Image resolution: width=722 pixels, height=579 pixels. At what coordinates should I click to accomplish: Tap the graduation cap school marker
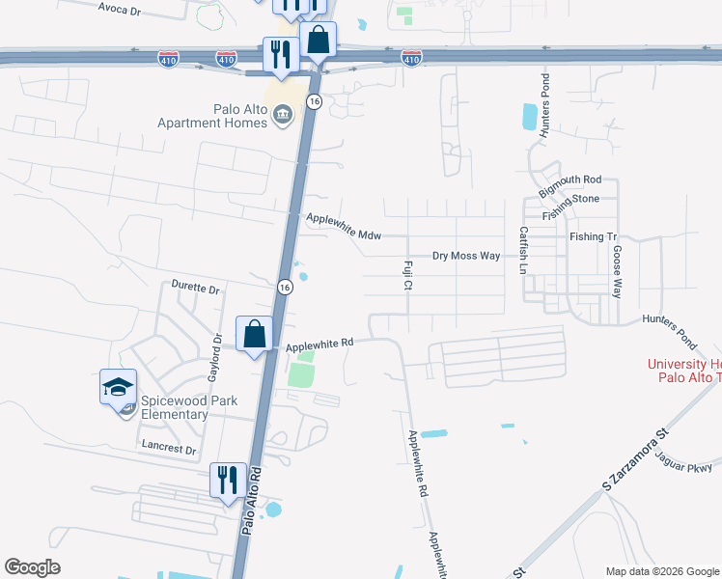(x=119, y=389)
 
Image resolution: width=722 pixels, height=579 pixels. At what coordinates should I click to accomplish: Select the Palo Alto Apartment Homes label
(x=213, y=115)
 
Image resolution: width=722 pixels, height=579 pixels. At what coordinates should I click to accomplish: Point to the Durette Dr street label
(x=196, y=288)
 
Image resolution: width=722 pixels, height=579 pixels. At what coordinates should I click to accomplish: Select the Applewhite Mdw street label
(x=344, y=227)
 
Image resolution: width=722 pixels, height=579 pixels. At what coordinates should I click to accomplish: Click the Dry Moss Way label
(x=466, y=256)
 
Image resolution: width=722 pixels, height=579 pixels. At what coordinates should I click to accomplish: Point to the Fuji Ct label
(x=407, y=274)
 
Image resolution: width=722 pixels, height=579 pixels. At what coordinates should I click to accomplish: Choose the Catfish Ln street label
(x=523, y=250)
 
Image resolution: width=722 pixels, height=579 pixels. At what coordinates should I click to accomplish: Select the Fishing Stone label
(x=570, y=207)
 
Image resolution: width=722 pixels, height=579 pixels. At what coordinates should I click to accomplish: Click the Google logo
(x=32, y=567)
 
